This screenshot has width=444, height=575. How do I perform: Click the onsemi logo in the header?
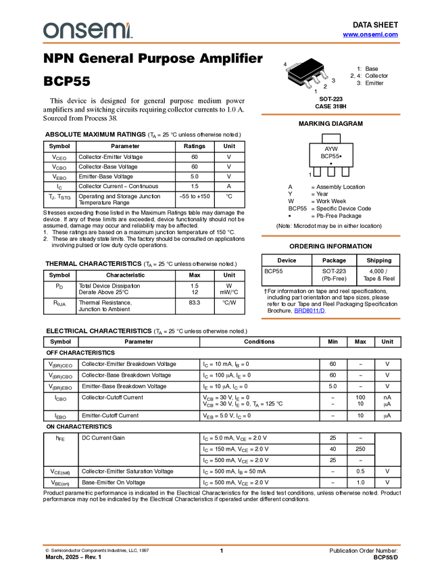tap(87, 30)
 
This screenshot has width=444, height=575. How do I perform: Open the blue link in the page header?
tap(370, 34)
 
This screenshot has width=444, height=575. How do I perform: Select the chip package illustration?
tap(308, 76)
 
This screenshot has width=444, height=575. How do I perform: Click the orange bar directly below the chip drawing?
tap(330, 114)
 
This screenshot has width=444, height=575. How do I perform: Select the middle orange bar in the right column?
tap(330, 236)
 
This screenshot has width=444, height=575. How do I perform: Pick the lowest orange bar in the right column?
tap(330, 319)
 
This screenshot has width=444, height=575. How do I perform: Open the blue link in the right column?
tap(309, 310)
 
